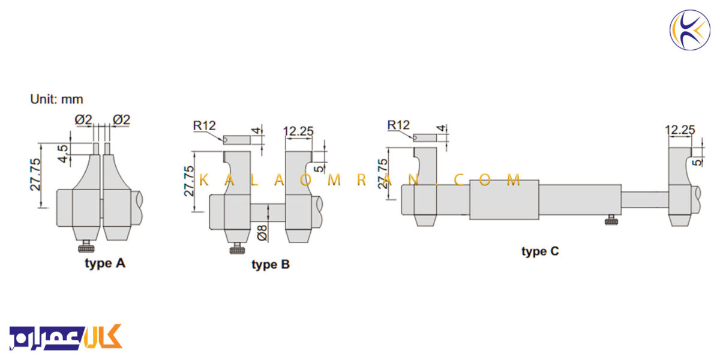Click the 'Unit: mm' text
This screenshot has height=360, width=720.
(x=56, y=99)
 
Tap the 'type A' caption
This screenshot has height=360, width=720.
(x=105, y=263)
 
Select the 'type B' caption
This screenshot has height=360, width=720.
(x=271, y=265)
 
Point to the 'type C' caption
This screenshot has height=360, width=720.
(x=540, y=251)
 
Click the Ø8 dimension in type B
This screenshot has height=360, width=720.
(x=262, y=233)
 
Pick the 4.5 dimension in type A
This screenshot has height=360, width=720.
(x=63, y=154)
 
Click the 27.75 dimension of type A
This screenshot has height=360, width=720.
(x=35, y=175)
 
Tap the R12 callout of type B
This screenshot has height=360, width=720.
(x=205, y=125)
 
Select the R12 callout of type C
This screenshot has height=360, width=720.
(x=398, y=125)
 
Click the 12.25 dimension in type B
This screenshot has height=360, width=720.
(x=298, y=131)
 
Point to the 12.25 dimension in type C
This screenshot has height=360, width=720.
(x=680, y=130)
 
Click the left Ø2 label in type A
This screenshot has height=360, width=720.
(x=83, y=119)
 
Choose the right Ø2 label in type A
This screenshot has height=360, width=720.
(x=121, y=119)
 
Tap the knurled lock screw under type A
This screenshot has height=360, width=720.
(x=86, y=246)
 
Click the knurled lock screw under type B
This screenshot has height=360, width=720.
(x=237, y=248)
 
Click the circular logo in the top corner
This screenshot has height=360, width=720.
(x=690, y=30)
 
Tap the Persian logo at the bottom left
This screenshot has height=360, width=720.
(x=66, y=337)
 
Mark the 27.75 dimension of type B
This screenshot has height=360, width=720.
(x=189, y=181)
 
